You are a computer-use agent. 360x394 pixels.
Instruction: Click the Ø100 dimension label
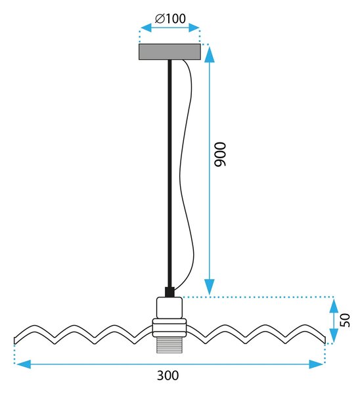coord(170,18)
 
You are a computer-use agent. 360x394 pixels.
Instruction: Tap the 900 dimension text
coord(220,154)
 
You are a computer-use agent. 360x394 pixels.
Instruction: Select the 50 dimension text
coord(345,320)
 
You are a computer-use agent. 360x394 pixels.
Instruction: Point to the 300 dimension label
coord(168,376)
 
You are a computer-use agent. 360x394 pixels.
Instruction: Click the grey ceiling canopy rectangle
coord(169,52)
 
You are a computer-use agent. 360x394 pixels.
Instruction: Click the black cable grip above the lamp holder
coord(169,292)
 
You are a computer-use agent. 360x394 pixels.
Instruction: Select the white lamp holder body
coord(169,308)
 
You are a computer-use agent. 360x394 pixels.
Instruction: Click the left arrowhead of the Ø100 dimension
coord(146,28)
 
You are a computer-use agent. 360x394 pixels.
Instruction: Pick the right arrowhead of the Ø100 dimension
coord(194,28)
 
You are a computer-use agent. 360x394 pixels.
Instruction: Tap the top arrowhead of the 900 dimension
coord(210,54)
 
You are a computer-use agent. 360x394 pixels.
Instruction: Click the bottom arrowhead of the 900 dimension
coord(210,287)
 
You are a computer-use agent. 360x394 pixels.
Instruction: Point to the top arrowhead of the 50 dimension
coord(334,305)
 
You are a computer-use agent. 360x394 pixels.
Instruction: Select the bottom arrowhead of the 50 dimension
coord(334,336)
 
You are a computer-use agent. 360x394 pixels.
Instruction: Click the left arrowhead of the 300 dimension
coord(22,364)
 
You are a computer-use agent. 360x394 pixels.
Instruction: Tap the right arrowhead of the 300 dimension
coord(316,364)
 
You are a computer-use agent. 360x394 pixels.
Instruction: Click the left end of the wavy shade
coord(15,340)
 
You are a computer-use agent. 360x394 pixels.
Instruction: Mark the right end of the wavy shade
coord(325,340)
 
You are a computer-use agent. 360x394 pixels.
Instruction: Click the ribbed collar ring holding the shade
coord(169,328)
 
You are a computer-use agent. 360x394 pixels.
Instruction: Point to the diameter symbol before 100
coord(160,19)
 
